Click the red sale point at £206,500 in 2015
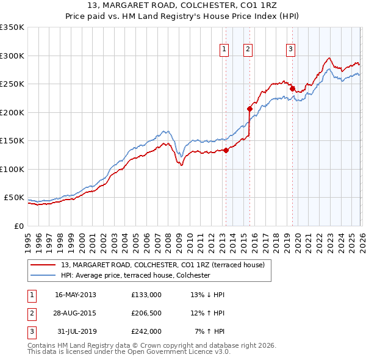coord(249,109)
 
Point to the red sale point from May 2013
coord(226,150)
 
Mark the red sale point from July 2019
coord(292,88)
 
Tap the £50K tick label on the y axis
coord(14,198)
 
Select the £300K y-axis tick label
coord(12,56)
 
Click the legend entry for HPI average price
coord(135,276)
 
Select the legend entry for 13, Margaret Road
coord(162,265)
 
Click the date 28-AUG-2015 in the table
coord(75,313)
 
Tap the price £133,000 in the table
coord(146,295)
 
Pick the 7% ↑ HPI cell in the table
coord(210,331)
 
